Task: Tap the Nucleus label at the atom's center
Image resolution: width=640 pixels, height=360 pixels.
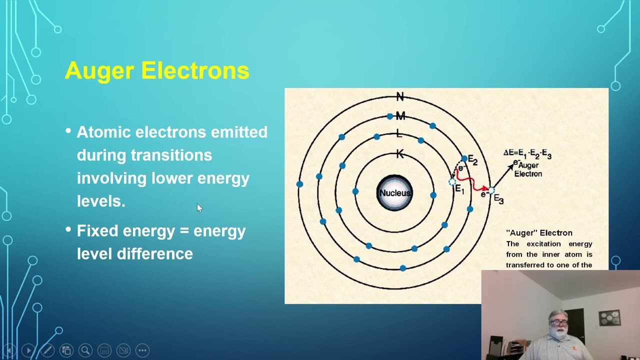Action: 394,193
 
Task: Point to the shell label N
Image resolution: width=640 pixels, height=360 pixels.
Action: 399,96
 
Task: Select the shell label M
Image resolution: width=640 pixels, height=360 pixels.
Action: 400,116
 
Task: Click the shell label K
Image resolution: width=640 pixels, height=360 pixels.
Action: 399,154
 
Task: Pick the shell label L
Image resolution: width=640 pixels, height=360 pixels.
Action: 398,133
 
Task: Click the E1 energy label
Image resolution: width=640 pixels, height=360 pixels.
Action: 459,190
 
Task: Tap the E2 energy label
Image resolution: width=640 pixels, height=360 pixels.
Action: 472,161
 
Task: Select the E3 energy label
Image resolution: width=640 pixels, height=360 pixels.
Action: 498,199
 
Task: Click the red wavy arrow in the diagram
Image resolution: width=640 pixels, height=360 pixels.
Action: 470,182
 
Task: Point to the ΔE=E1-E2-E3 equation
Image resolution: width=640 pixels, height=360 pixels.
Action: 527,154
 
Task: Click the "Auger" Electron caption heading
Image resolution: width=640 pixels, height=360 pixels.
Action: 539,233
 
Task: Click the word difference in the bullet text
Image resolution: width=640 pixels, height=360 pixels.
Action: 154,254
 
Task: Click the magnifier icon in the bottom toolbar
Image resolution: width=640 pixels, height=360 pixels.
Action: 85,350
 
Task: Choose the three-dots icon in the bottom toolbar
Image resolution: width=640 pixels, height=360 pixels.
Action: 142,350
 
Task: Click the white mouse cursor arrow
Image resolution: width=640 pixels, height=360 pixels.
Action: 199,207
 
